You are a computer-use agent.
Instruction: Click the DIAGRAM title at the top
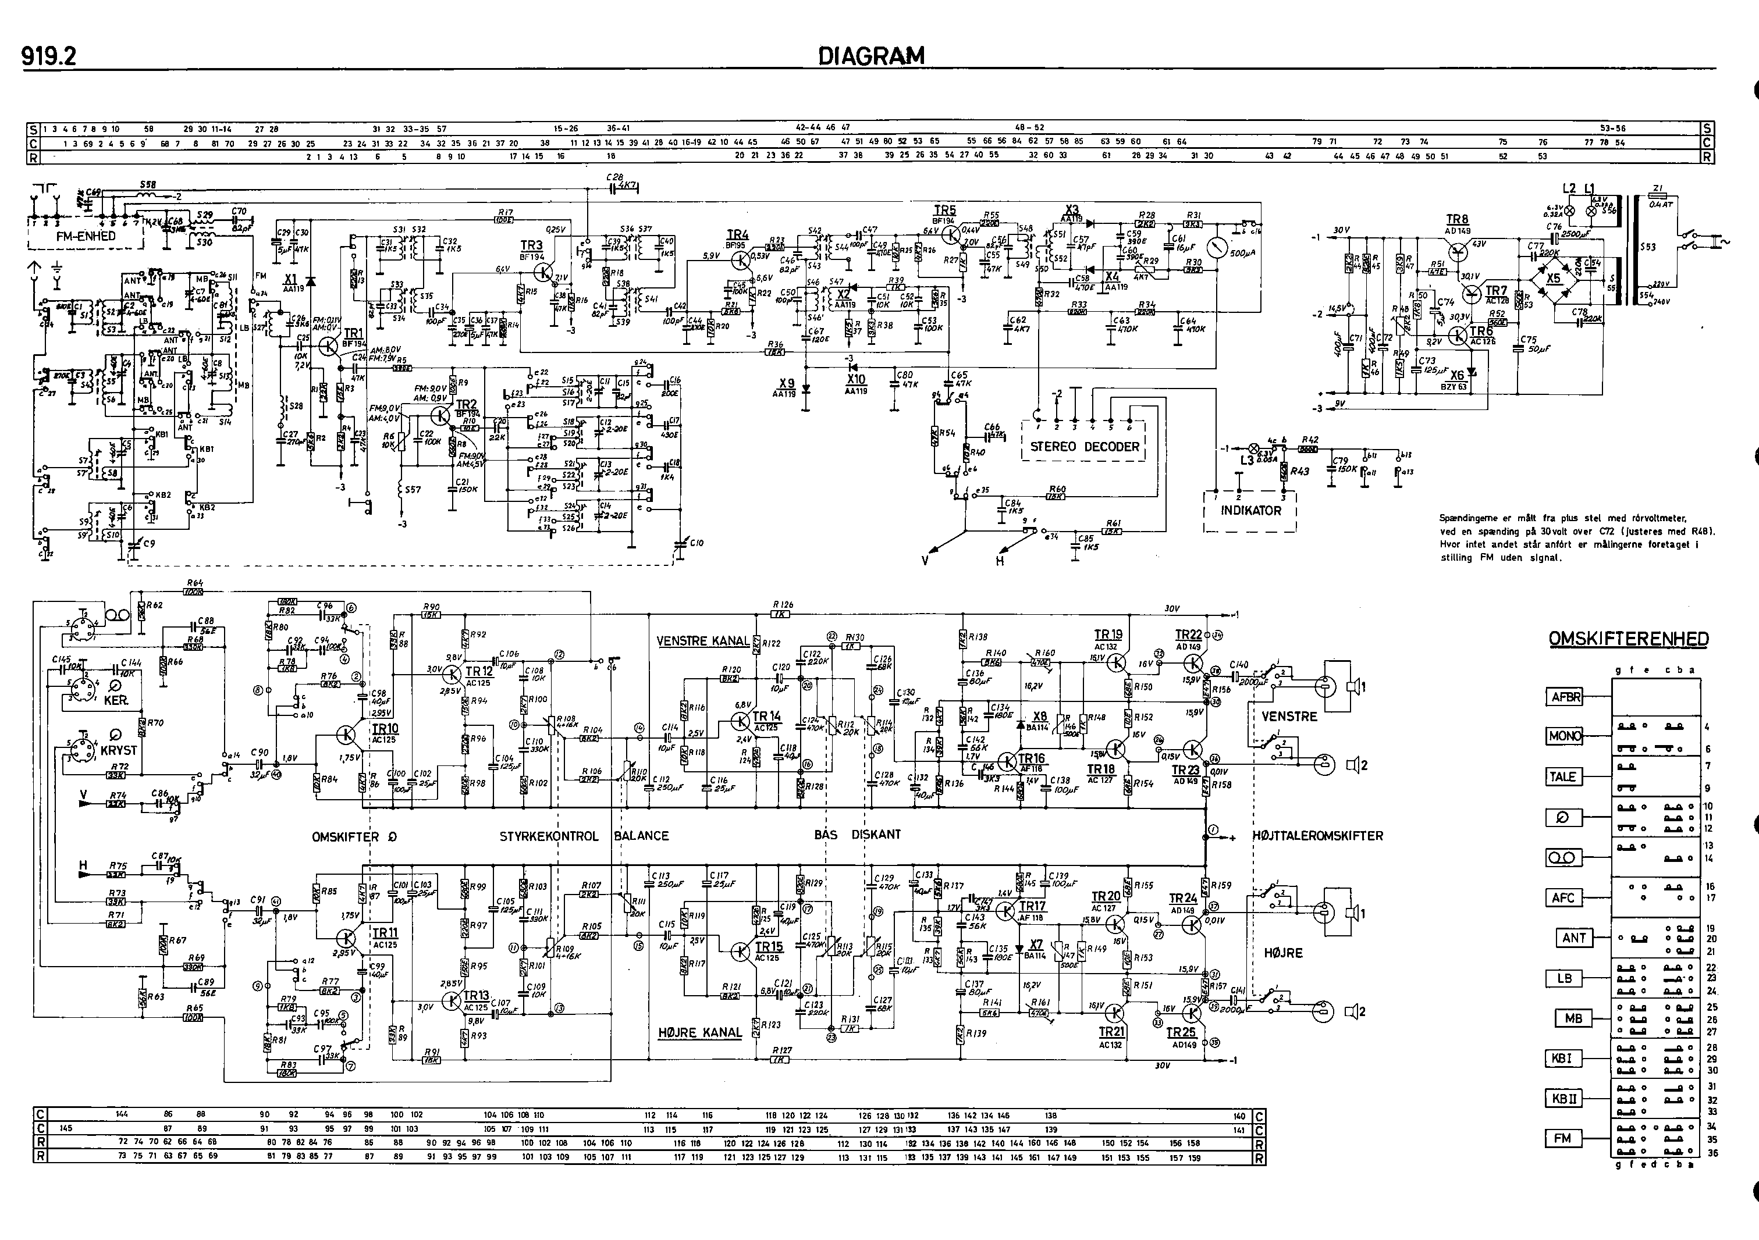[871, 56]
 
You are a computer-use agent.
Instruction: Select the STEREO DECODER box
[1084, 447]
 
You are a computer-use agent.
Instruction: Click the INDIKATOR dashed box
[1250, 511]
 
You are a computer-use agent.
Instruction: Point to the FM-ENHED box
[86, 237]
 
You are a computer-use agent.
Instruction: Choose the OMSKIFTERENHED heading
[1628, 639]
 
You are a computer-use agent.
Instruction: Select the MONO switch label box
[1563, 736]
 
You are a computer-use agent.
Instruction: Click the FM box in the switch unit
[1562, 1139]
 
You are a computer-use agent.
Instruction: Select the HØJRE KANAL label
[699, 1032]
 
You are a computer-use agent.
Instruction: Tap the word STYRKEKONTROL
[549, 836]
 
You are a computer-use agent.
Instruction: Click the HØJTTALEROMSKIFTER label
[1318, 836]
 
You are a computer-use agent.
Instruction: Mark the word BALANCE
[641, 836]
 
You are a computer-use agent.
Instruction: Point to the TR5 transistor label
[944, 210]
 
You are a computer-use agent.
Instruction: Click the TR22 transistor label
[1188, 635]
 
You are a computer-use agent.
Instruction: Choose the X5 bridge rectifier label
[1553, 279]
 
